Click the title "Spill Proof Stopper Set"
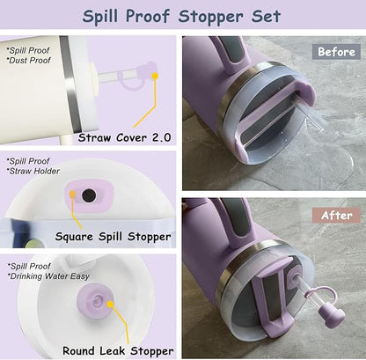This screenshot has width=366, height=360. click(x=182, y=16)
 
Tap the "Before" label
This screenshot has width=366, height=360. click(x=335, y=51)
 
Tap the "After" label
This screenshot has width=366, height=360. click(x=334, y=216)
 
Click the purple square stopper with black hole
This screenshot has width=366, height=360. click(x=88, y=195)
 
